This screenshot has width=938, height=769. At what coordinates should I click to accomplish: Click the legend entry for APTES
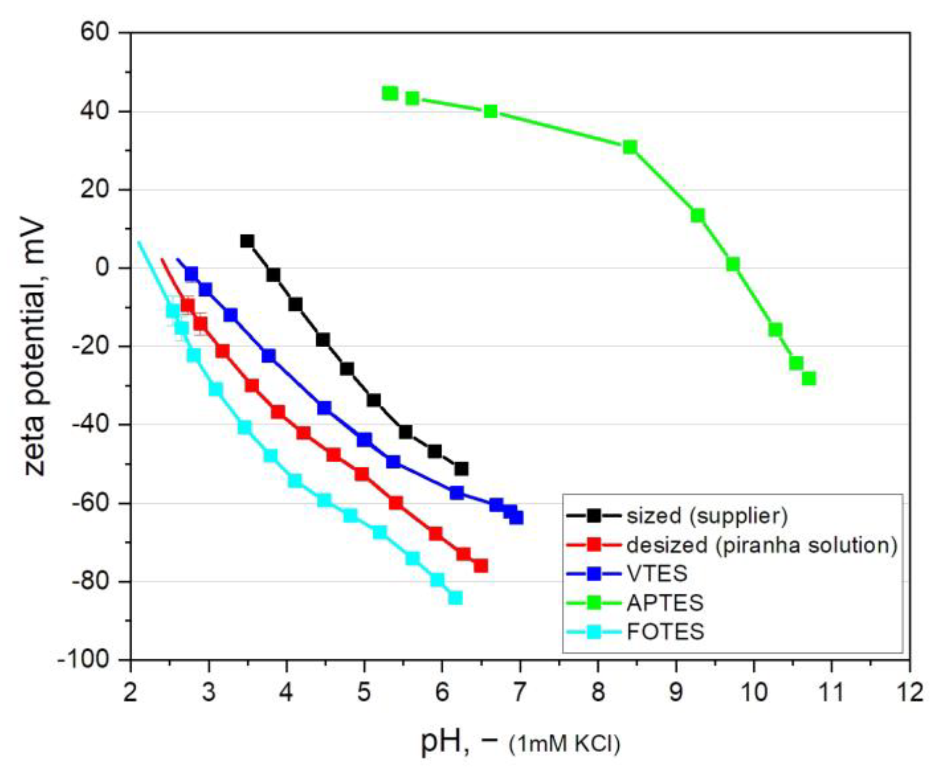click(665, 602)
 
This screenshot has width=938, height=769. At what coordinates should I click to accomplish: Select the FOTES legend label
click(665, 631)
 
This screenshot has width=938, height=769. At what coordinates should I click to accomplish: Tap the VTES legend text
click(657, 573)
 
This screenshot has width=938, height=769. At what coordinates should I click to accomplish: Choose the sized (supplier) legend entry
click(706, 516)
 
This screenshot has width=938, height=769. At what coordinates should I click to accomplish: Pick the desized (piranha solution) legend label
click(762, 545)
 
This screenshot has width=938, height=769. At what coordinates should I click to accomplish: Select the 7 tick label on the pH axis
click(520, 692)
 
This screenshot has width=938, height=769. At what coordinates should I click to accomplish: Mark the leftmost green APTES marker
click(390, 93)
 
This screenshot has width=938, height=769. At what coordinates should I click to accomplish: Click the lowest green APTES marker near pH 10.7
click(808, 378)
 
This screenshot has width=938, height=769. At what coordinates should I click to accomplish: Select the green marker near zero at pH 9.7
click(733, 264)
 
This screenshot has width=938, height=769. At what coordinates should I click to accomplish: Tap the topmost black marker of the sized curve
click(247, 241)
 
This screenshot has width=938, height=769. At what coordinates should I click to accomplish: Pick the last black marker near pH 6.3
click(461, 468)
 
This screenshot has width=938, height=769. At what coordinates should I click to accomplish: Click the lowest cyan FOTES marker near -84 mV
click(455, 598)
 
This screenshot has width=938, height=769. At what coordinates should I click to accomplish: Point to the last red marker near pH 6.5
click(481, 566)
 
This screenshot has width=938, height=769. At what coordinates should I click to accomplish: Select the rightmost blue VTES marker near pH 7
click(516, 517)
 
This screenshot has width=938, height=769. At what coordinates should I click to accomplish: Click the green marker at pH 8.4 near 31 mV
click(630, 147)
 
